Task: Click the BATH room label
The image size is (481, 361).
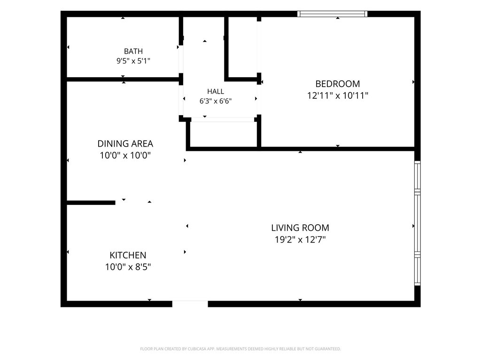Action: click(133, 51)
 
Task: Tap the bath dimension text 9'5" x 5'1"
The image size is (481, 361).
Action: click(133, 61)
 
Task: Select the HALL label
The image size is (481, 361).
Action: click(215, 91)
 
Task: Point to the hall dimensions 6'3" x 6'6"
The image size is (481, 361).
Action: click(215, 101)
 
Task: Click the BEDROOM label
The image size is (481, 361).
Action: click(337, 84)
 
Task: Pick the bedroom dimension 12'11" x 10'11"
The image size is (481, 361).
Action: click(337, 95)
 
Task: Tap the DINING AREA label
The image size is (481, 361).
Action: click(125, 143)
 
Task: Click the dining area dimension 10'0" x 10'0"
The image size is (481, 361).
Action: click(125, 155)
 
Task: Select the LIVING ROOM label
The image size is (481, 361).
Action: click(300, 228)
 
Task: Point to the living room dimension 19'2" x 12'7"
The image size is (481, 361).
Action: click(300, 239)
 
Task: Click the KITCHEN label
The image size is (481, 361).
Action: click(128, 255)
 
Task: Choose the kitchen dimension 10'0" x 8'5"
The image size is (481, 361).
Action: click(128, 267)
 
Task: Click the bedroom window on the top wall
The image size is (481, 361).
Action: click(332, 14)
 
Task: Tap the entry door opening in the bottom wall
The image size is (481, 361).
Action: click(190, 304)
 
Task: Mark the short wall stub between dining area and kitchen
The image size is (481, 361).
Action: click(91, 203)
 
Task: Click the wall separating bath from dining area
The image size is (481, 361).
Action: click(123, 79)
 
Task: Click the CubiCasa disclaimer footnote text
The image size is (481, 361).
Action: click(240, 349)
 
